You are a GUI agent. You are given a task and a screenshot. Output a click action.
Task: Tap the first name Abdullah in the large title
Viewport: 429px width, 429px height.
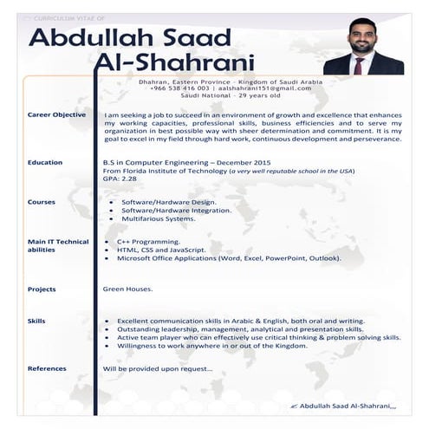coord(99,38)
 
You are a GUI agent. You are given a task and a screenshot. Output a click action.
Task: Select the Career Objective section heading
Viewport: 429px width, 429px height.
coord(56,114)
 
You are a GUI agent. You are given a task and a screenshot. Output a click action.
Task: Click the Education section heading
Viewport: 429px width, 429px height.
coord(45,162)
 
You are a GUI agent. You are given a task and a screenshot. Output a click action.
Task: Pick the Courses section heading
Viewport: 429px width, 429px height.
coord(42,202)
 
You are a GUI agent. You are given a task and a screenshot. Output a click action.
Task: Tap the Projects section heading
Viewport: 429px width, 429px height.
coord(42,289)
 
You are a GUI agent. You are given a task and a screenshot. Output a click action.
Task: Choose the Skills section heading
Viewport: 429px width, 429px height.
coord(37,321)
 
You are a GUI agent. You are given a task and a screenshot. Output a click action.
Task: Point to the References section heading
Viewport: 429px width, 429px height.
coord(47,368)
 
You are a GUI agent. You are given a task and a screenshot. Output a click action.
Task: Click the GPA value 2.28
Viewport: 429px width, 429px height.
coord(128,179)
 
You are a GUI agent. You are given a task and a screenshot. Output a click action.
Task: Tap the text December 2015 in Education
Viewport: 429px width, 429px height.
coord(244,162)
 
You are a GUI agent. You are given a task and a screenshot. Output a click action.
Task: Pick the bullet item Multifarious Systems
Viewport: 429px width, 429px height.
coord(159,218)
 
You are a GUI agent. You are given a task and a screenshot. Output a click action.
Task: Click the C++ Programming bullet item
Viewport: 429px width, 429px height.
coord(148,242)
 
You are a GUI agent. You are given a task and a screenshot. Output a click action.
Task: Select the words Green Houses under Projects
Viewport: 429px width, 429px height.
coord(127,289)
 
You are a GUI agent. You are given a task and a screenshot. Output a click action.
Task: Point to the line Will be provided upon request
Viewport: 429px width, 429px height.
coord(157,368)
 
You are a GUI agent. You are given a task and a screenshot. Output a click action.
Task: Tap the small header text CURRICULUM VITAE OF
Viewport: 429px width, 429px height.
coord(62,16)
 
